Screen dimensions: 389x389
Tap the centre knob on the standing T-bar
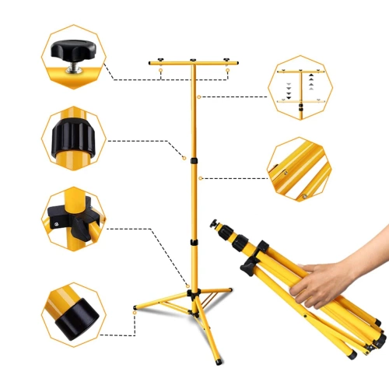192,59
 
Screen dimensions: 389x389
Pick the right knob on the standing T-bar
226,59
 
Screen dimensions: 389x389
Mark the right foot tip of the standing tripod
231,289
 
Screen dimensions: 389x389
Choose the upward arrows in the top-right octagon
310,83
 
